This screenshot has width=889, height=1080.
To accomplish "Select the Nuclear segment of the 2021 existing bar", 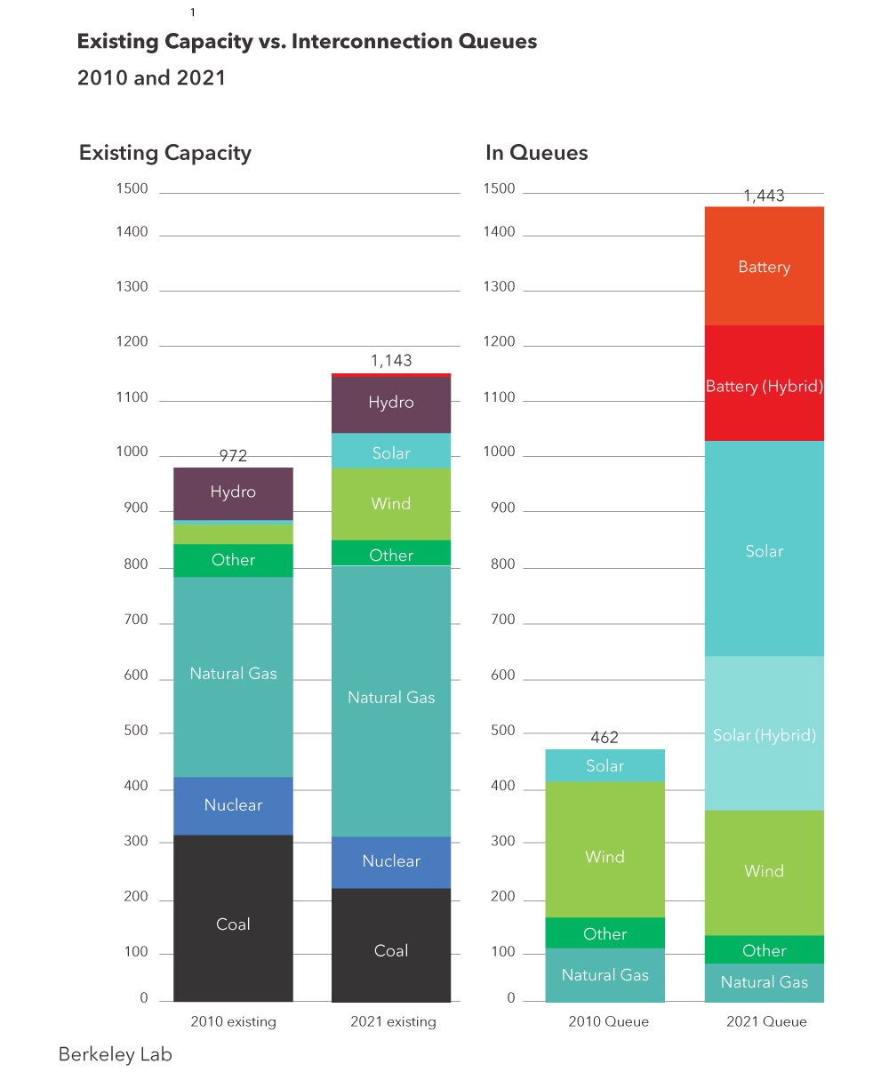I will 391,861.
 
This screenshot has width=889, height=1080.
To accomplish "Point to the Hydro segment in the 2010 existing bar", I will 233,492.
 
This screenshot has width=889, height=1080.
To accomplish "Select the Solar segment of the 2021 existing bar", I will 391,452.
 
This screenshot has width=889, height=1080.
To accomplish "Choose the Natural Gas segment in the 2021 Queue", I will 764,982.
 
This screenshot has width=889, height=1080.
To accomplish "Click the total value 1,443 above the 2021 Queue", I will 764,196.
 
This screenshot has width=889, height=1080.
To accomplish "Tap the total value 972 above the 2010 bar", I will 233,456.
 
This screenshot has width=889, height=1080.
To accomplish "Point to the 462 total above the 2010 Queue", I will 605,738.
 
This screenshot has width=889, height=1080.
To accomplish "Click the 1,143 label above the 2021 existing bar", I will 391,361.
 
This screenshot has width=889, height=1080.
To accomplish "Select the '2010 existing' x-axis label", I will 233,1021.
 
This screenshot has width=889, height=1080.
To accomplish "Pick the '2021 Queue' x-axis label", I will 766,1021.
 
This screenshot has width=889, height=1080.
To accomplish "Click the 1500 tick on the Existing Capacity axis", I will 132,188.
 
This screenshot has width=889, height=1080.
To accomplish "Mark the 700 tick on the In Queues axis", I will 502,620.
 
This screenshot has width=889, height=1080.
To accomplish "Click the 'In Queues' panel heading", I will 536,153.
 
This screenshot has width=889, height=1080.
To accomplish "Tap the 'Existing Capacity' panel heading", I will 165,153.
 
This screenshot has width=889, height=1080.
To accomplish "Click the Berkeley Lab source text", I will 115,1054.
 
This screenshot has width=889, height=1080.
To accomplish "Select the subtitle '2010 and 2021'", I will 151,77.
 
